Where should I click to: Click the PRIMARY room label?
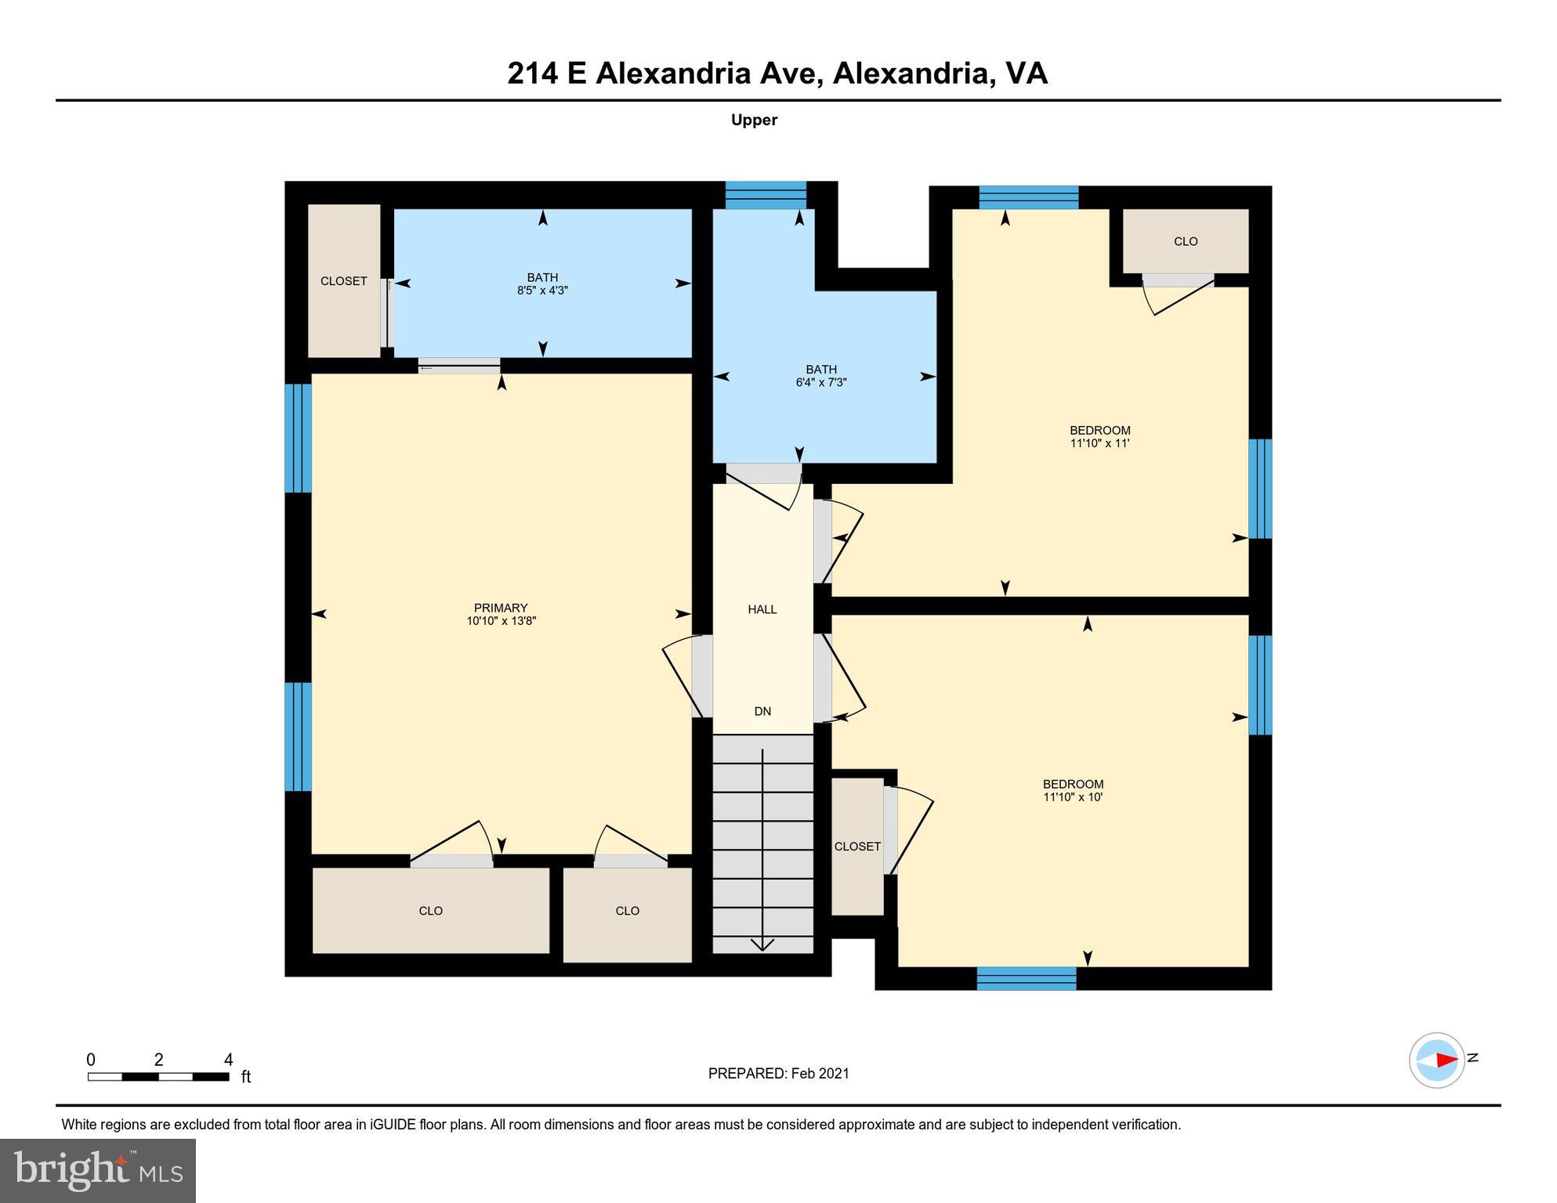[x=501, y=608]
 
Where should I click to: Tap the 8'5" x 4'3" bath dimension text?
[x=542, y=291]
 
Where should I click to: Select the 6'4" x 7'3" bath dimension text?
[x=821, y=383]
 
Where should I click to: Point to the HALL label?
[x=762, y=609]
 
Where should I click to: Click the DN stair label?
[x=762, y=711]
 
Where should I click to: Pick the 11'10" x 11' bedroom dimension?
[x=1100, y=443]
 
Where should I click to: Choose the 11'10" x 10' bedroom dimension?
[x=1073, y=797]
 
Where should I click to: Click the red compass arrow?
[x=1446, y=1060]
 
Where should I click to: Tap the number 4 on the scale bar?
[x=228, y=1060]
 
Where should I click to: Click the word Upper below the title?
[x=754, y=120]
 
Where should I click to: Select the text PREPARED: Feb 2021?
[x=778, y=1074]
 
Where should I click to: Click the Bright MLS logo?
[x=98, y=1171]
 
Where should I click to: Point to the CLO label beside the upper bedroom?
[x=1186, y=241]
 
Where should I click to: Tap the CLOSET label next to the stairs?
[x=857, y=847]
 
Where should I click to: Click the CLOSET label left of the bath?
[x=343, y=281]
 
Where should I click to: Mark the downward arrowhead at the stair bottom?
[x=762, y=945]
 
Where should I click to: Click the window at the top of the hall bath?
[x=766, y=194]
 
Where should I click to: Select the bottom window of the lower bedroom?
[x=1027, y=978]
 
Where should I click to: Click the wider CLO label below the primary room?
[x=430, y=911]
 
